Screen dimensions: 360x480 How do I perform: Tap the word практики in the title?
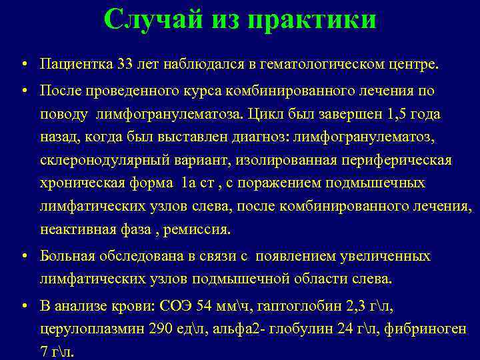pos(312,20)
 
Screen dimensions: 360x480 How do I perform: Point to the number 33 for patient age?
pos(125,65)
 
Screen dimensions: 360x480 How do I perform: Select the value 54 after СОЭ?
pos(207,305)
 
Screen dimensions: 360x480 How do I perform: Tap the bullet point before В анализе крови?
pos(23,306)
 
